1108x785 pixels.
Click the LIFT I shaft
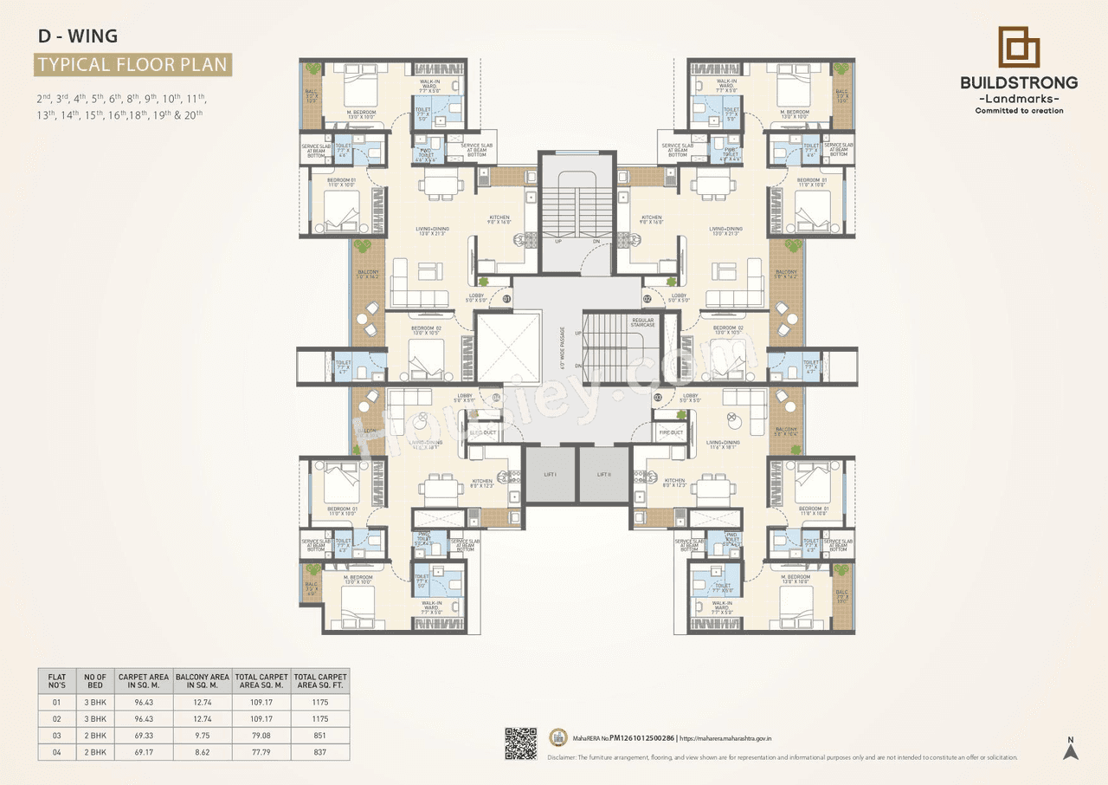coord(551,475)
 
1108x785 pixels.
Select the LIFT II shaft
coord(604,475)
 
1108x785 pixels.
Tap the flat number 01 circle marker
coord(507,299)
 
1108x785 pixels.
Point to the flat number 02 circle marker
coord(647,299)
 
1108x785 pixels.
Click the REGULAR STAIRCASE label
coord(643,321)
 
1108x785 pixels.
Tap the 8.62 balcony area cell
coord(202,753)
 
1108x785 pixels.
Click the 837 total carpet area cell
coord(320,753)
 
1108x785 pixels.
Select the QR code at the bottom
coord(520,743)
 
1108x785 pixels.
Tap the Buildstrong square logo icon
coord(1019,48)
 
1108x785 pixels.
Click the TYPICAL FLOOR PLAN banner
coord(132,64)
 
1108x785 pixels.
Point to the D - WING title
coord(78,36)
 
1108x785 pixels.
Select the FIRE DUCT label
coord(671,432)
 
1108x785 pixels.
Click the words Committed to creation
coord(1019,111)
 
